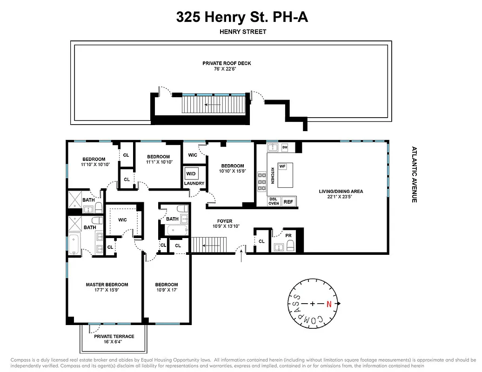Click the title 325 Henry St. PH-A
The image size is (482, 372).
tap(242, 17)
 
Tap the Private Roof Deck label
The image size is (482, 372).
tap(227, 63)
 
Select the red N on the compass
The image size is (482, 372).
tap(329, 304)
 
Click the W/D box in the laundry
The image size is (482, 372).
tap(191, 174)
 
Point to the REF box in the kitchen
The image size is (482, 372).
tap(288, 202)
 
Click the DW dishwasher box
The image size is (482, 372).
tap(285, 147)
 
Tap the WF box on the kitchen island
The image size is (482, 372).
tap(282, 166)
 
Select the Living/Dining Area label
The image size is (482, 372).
tap(341, 191)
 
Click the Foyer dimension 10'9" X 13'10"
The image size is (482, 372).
tap(225, 226)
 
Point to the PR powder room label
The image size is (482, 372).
tap(288, 236)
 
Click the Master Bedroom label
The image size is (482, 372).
tap(107, 285)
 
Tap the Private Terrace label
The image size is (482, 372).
tap(114, 336)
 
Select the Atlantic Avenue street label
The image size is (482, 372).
tap(414, 174)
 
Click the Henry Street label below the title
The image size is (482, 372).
tap(242, 32)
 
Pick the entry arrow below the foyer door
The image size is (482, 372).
tap(241, 257)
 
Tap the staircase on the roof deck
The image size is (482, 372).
tap(214, 105)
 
